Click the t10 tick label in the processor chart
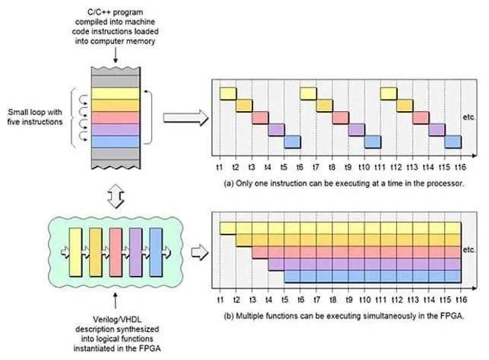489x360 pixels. (364, 167)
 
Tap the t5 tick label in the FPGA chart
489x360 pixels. (284, 300)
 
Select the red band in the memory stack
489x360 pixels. (116, 118)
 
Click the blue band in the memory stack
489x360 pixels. (116, 142)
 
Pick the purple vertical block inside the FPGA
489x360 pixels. (135, 252)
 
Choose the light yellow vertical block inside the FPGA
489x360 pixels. (75, 252)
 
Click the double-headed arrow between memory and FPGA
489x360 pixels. (116, 196)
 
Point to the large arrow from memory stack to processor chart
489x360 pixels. (186, 118)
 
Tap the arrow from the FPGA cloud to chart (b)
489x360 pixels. (199, 252)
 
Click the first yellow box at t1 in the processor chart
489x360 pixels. (228, 94)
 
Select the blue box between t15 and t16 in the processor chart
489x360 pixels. (452, 142)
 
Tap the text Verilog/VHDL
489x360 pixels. (117, 320)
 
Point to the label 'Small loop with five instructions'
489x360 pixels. (35, 116)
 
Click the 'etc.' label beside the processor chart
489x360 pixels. (468, 117)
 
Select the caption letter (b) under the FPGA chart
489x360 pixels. (229, 316)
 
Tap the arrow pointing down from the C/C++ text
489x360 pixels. (116, 56)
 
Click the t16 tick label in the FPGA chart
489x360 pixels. (461, 300)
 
